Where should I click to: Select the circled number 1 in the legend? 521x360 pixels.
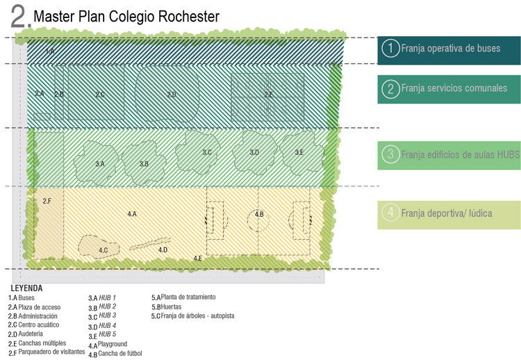point(391,48)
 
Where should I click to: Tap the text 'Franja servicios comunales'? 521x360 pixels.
point(454,88)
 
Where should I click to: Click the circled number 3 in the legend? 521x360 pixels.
point(391,154)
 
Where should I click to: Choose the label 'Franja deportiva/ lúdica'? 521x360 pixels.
point(446,213)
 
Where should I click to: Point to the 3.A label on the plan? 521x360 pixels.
point(99,164)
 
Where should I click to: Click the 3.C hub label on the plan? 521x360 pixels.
point(207,152)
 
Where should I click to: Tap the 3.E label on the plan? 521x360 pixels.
point(299,152)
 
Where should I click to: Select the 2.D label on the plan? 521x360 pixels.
point(172,94)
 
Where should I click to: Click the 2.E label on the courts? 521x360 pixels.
point(268,94)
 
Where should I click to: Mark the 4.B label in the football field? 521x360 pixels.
point(259,214)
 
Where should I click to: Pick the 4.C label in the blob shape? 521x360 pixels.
point(103,249)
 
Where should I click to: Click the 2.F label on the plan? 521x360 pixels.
point(47,201)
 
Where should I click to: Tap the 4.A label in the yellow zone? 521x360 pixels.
point(131,214)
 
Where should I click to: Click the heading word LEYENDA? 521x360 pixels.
point(26,288)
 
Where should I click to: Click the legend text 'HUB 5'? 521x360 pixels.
point(107,336)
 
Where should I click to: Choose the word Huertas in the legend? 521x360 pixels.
point(172,306)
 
